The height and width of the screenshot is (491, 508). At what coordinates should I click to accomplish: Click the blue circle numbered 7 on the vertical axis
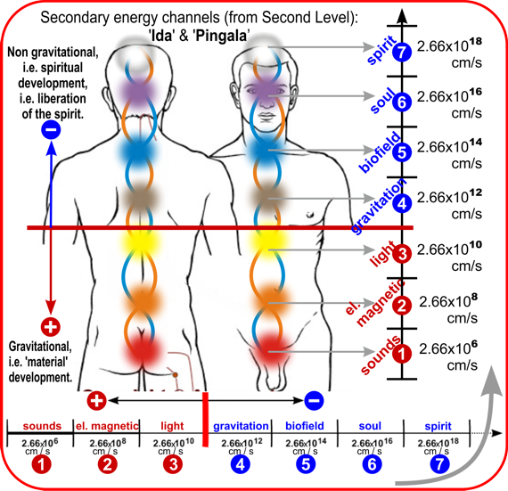tap(402, 52)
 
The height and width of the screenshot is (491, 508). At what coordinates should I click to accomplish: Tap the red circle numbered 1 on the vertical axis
tap(402, 353)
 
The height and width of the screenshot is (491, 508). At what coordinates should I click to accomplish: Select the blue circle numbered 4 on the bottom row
tap(240, 464)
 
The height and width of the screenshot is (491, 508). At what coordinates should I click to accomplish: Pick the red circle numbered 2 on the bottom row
tap(108, 464)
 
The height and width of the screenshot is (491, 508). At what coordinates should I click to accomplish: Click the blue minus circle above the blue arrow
tap(51, 130)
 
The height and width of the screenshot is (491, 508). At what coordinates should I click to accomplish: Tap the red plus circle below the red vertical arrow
tap(51, 327)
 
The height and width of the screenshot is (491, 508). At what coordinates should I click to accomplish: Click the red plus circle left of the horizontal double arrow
tap(96, 401)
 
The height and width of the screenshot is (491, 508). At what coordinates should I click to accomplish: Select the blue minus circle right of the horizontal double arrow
tap(314, 401)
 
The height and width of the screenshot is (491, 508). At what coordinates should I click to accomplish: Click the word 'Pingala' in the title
tap(222, 36)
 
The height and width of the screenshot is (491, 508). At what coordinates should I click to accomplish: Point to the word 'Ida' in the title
tap(162, 36)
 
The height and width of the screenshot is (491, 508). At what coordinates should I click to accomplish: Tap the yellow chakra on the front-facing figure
tap(267, 241)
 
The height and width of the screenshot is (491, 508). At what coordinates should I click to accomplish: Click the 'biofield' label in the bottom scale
tap(305, 426)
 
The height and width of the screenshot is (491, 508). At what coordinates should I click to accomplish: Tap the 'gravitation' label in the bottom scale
tap(241, 426)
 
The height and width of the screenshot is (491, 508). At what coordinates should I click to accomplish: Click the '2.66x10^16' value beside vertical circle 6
tap(449, 95)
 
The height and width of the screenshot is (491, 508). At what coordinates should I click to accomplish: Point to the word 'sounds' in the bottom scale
tap(42, 426)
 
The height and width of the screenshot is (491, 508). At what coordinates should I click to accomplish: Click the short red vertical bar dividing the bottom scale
tap(205, 419)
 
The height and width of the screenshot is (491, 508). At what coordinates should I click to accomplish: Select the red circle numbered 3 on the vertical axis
tap(402, 254)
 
